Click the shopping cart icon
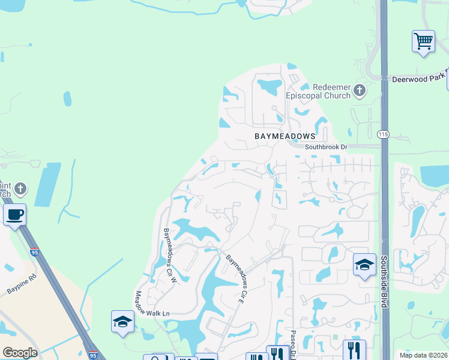click(x=423, y=41)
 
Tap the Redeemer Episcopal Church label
click(x=327, y=91)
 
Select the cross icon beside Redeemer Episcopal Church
click(x=359, y=91)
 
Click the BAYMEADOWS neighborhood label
click(x=284, y=136)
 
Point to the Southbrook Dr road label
click(x=326, y=147)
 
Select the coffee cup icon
click(x=14, y=214)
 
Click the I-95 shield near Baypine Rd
click(x=34, y=253)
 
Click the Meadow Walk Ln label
click(x=152, y=304)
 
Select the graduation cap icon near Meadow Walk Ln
click(x=122, y=322)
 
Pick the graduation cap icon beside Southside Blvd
click(x=364, y=265)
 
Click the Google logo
click(x=20, y=353)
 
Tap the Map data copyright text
click(x=423, y=355)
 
